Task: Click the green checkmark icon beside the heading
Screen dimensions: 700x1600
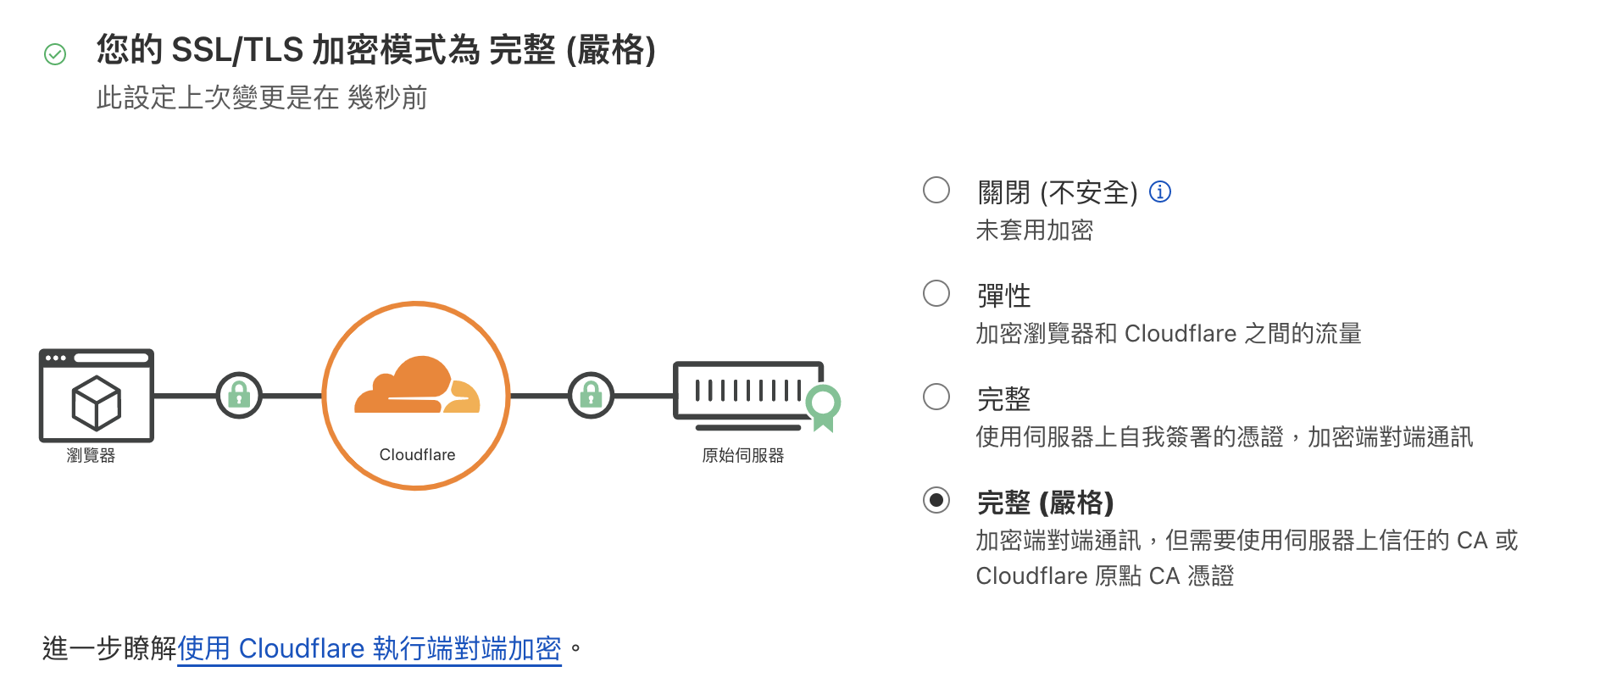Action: click(55, 54)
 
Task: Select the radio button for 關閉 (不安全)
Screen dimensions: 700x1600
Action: click(936, 190)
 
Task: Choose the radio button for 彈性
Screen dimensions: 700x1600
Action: click(936, 293)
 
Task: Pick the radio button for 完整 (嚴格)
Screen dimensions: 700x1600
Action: click(936, 500)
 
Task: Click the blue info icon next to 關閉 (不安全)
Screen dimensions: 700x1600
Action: click(1159, 192)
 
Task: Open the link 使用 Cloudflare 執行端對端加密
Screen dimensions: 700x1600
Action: click(369, 648)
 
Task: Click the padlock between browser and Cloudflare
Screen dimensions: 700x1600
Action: click(239, 395)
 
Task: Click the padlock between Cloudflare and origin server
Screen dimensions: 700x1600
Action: click(591, 395)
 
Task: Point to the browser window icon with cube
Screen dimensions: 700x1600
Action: click(96, 395)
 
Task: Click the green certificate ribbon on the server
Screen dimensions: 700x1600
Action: click(823, 405)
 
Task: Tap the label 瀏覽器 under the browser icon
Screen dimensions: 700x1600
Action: click(91, 456)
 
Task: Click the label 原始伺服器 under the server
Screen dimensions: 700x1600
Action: click(742, 456)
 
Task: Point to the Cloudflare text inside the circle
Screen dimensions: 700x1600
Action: click(417, 455)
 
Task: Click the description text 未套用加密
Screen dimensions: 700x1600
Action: click(1034, 231)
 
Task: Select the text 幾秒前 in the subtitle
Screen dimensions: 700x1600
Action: click(387, 98)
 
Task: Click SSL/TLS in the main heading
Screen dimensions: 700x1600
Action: click(237, 50)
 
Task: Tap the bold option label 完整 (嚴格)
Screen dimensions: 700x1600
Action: click(1045, 503)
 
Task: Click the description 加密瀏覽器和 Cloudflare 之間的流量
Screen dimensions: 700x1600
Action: click(1168, 334)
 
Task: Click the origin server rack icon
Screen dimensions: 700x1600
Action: click(747, 392)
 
